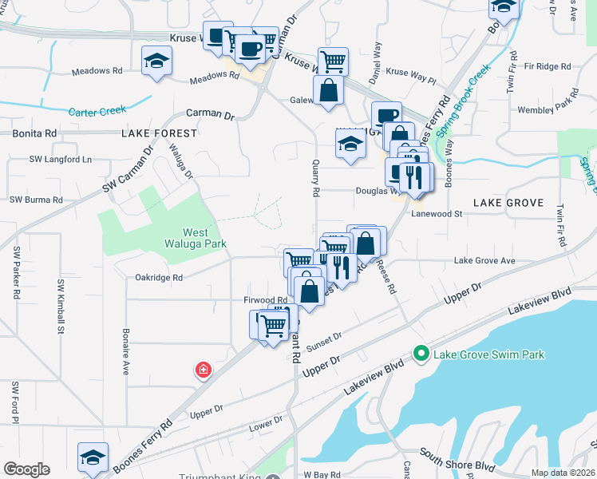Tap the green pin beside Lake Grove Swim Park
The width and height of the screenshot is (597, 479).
coord(420,352)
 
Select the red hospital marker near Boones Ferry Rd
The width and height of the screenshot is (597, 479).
coord(204,370)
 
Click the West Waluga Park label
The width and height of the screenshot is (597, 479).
coord(195,236)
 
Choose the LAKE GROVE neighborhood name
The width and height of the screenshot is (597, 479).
coord(508,203)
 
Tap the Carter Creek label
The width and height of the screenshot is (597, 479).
coord(98,112)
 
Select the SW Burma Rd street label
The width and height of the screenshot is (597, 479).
coord(34,200)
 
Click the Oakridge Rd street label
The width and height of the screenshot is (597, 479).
coord(155,278)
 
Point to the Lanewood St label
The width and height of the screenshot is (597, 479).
coord(437,214)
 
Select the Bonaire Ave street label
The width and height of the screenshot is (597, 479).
coord(125,351)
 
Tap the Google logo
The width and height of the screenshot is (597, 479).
coord(26,469)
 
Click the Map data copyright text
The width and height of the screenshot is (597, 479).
coord(563,473)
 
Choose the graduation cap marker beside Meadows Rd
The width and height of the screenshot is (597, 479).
coord(156,61)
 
